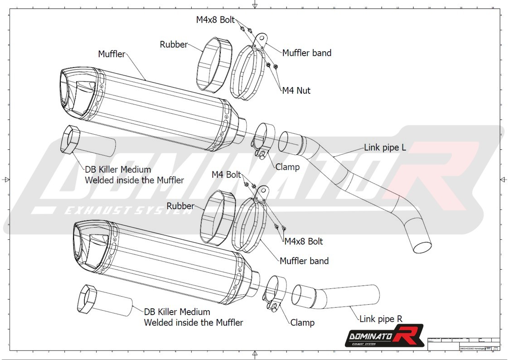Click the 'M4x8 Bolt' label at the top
click(215, 20)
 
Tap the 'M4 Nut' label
click(296, 91)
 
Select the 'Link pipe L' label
click(385, 148)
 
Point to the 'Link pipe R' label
click(381, 319)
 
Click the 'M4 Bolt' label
click(226, 175)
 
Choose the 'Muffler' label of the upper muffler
click(111, 54)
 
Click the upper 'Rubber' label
click(174, 44)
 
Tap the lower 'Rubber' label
click(180, 206)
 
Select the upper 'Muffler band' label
click(306, 53)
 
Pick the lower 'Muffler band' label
click(304, 261)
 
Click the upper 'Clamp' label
click(287, 167)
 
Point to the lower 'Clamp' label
click(302, 323)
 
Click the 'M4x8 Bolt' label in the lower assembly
click(303, 241)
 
